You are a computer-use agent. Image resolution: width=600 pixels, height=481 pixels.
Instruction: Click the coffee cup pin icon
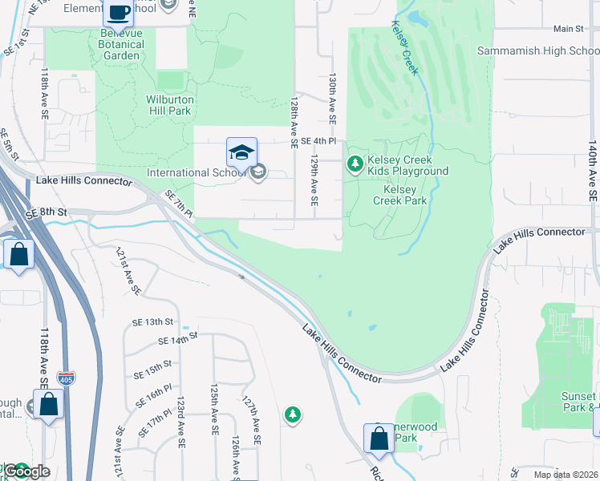click(120, 13)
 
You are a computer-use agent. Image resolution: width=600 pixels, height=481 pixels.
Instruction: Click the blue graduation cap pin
click(242, 151)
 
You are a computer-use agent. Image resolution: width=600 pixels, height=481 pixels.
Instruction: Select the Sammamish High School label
click(538, 51)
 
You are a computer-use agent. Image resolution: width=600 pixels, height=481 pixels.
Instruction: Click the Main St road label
click(568, 29)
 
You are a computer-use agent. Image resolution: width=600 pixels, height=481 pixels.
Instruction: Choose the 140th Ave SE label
click(592, 172)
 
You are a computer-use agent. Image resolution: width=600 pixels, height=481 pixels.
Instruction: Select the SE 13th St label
click(152, 322)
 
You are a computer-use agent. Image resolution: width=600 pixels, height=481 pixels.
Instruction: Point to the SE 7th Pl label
click(178, 204)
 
